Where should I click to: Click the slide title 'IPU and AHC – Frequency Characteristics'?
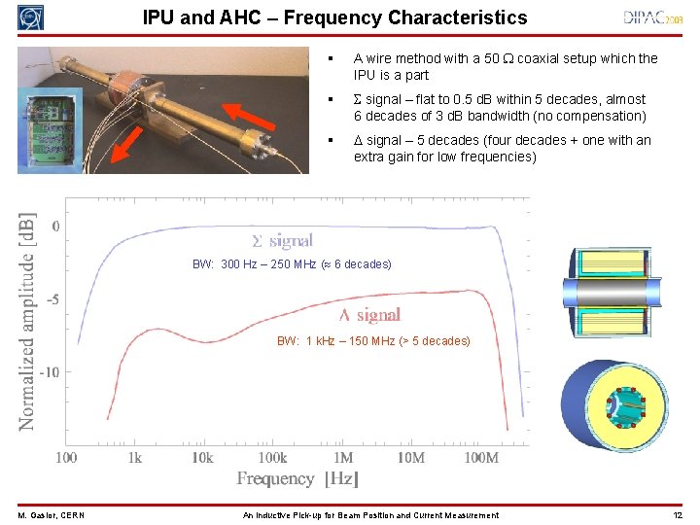click(x=334, y=17)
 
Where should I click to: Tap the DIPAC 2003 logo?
click(x=656, y=17)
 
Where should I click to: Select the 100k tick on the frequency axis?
click(x=272, y=457)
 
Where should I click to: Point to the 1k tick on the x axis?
click(x=134, y=457)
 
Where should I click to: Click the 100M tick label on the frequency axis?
click(x=480, y=457)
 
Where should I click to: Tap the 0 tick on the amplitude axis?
click(x=55, y=226)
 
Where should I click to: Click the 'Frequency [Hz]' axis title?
click(x=298, y=478)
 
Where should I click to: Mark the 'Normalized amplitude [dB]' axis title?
click(x=28, y=321)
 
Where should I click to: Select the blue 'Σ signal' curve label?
click(x=282, y=240)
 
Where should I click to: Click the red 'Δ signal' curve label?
click(x=368, y=315)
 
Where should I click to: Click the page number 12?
click(x=677, y=515)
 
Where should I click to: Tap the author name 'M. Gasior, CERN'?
click(x=50, y=515)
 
